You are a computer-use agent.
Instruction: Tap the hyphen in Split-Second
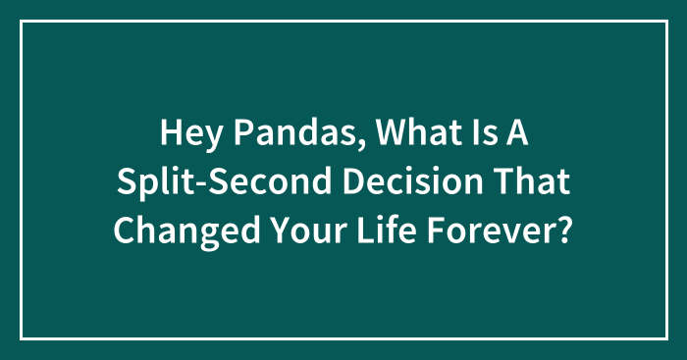199,182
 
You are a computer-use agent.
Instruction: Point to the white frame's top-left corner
23,23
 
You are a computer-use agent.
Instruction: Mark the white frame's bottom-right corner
664,337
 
